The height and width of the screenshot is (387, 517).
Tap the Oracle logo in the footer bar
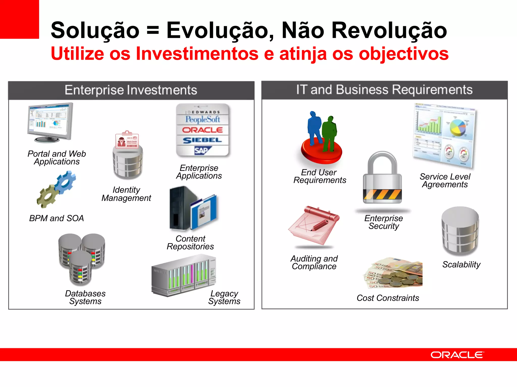point(457,355)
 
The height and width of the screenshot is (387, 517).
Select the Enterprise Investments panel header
point(131,90)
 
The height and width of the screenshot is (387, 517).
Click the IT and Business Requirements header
point(384,90)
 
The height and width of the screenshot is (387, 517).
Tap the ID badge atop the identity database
point(127,140)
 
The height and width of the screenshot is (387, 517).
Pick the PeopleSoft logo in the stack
point(203,119)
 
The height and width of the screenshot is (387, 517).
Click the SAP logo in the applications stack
point(202,150)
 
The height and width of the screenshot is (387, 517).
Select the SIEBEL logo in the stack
point(202,140)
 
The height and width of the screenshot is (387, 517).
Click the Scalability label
point(461,265)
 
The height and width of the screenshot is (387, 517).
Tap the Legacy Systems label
point(224,297)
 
